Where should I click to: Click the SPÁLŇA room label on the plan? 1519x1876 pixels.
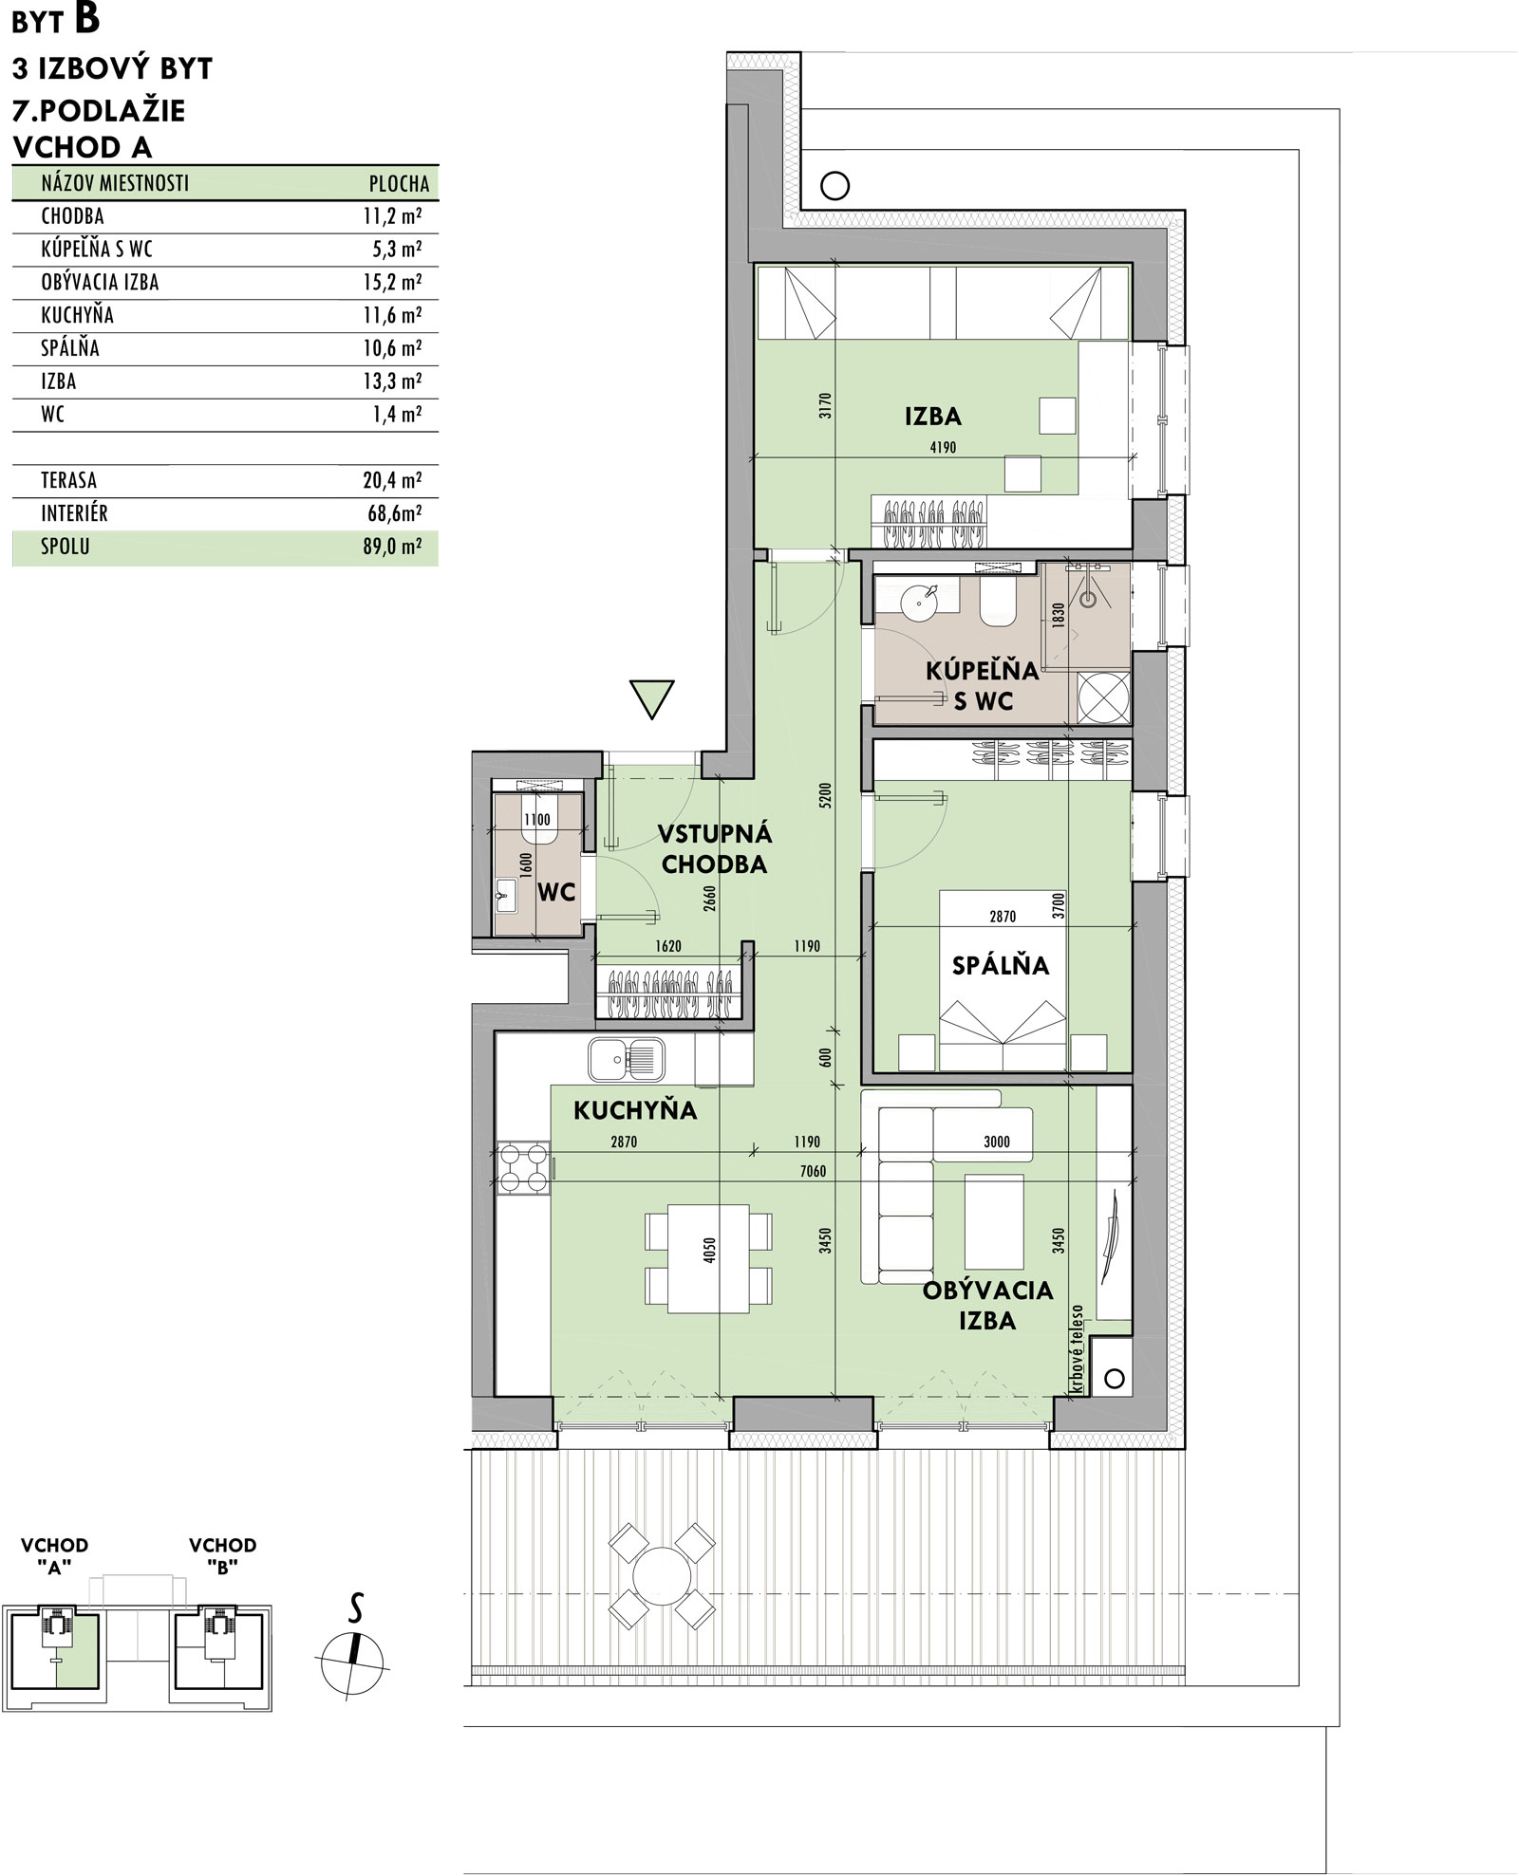click(x=1001, y=965)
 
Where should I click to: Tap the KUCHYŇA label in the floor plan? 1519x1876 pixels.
click(x=635, y=1109)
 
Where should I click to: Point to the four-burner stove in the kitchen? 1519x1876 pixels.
click(x=523, y=1168)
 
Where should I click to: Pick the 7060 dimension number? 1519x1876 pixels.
click(x=813, y=1171)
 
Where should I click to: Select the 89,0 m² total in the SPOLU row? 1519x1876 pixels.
click(x=393, y=548)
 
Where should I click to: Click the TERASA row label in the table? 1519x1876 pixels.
click(x=68, y=481)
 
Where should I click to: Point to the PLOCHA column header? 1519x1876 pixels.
click(x=399, y=184)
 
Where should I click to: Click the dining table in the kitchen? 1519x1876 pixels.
click(x=708, y=1258)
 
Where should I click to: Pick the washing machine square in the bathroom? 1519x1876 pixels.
click(x=1104, y=696)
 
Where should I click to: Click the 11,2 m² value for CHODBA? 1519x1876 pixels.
click(x=392, y=216)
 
